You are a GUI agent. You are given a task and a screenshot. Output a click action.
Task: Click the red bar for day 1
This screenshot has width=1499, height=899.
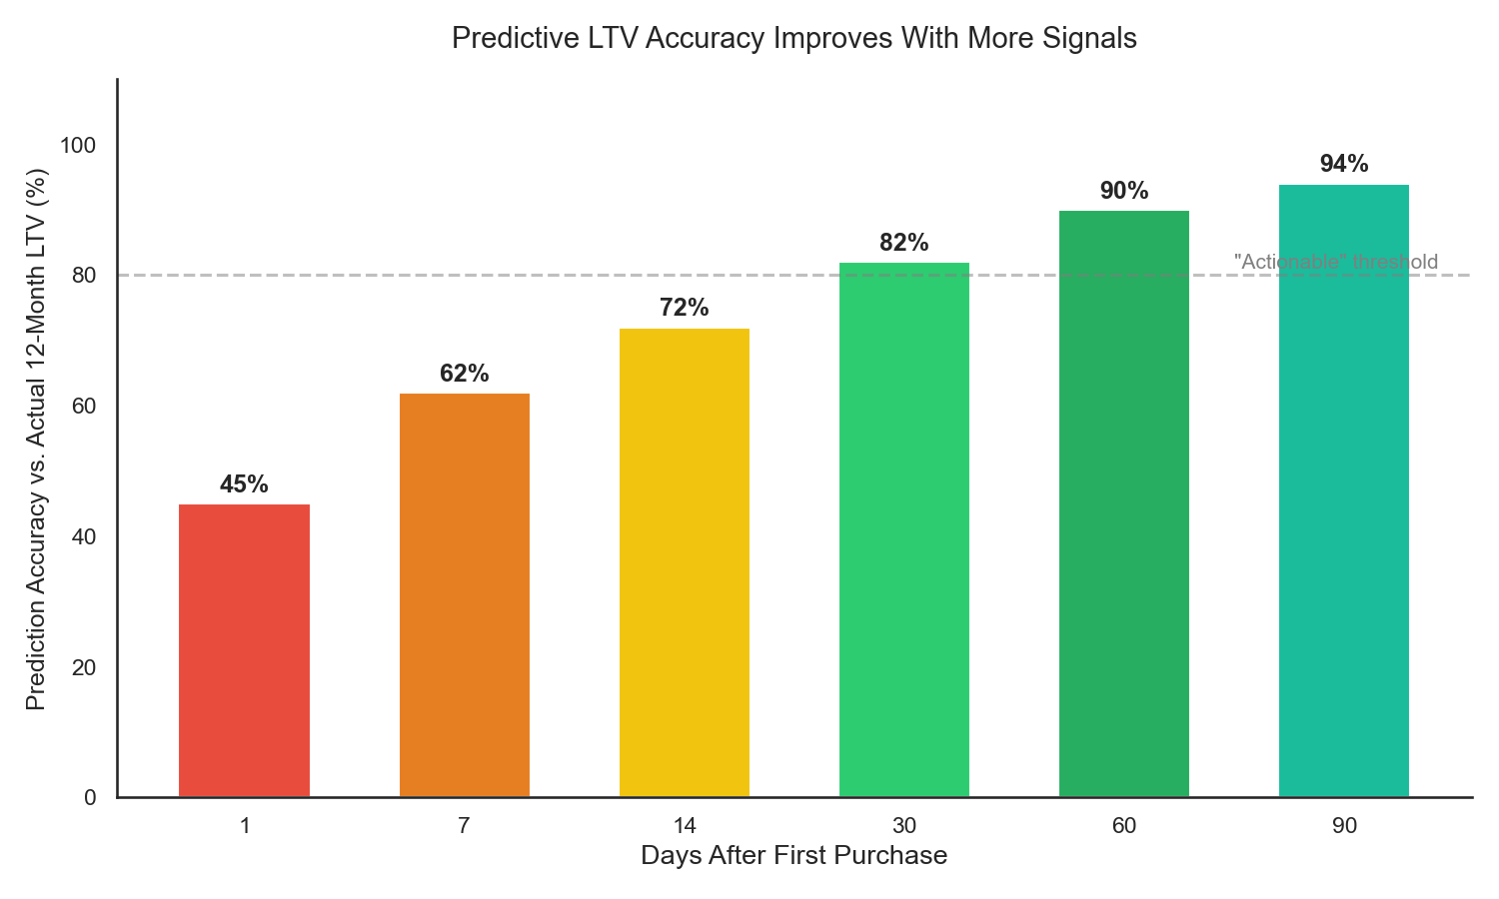[x=244, y=650]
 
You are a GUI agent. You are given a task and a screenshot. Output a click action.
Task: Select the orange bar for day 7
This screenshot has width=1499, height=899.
[x=464, y=595]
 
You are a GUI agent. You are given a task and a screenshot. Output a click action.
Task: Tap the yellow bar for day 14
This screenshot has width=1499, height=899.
[x=684, y=562]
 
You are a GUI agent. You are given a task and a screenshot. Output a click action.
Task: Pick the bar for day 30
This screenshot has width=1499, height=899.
[x=903, y=529]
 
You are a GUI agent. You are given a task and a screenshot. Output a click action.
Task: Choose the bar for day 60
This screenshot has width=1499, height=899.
[x=1123, y=503]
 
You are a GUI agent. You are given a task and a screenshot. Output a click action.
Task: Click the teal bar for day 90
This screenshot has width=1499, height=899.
[x=1343, y=490]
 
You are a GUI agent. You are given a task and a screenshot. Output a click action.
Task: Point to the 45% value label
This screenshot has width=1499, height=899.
[x=244, y=484]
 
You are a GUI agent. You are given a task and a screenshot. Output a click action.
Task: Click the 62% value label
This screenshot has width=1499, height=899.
[x=464, y=374]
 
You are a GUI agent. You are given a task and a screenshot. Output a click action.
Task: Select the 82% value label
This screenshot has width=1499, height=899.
[x=903, y=243]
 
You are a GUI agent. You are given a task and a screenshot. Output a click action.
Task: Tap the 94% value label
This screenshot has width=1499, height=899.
[x=1343, y=164]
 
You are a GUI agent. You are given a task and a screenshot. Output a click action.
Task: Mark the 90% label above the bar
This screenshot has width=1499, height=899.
[x=1123, y=191]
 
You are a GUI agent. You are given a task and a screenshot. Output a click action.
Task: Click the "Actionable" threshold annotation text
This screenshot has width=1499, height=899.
[x=1335, y=262]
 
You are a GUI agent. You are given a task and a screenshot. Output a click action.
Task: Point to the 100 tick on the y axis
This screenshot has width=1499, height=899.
[x=78, y=146]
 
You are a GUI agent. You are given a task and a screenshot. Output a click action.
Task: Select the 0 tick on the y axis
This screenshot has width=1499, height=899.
[x=90, y=798]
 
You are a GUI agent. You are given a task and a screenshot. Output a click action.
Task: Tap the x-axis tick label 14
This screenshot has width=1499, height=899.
[x=684, y=826]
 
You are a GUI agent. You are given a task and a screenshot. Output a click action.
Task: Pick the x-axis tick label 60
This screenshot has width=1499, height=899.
[x=1123, y=826]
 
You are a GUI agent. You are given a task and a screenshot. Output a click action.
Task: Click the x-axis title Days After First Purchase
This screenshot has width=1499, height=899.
[x=793, y=856]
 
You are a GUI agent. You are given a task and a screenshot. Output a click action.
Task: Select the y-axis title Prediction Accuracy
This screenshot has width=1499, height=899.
[x=36, y=440]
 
